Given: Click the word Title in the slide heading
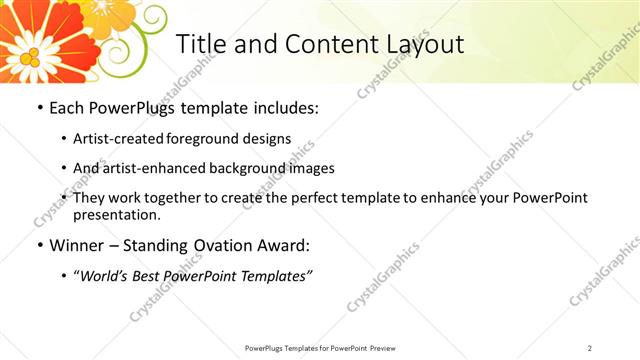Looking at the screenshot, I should point(198,45).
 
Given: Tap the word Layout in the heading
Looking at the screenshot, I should point(425,45).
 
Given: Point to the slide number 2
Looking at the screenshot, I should point(590,348).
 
